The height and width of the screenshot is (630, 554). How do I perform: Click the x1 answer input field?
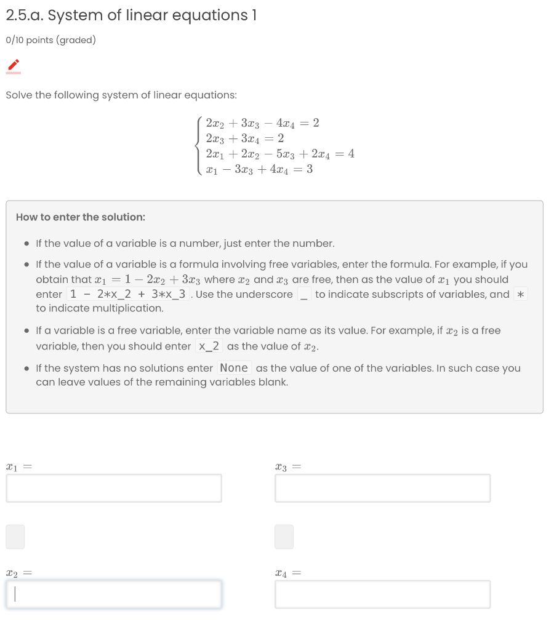[114, 488]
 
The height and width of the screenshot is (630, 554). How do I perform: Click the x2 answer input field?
[114, 594]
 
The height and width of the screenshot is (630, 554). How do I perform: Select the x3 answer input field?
[382, 488]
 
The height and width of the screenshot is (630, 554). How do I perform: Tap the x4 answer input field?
[382, 594]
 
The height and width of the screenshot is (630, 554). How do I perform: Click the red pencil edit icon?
[14, 65]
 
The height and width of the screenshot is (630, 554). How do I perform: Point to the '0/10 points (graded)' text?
[50, 41]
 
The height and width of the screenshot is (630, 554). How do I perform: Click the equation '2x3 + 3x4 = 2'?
[245, 138]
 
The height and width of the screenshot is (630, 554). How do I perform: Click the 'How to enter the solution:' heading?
[81, 217]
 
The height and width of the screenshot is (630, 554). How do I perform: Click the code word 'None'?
[234, 368]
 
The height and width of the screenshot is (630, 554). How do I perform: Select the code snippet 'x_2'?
[209, 346]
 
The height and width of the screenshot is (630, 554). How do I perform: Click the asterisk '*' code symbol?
[521, 294]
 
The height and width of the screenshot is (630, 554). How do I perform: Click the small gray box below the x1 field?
[15, 536]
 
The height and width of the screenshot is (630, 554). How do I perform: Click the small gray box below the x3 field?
[284, 536]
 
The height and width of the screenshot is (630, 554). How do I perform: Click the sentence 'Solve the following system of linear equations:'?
[121, 95]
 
